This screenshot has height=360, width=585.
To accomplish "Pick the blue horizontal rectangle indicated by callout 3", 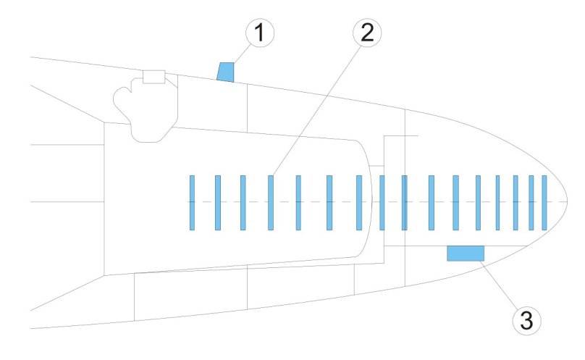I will tap(465, 253).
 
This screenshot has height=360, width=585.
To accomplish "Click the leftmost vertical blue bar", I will tap(192, 202).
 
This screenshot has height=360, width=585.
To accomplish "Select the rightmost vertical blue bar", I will tap(544, 202).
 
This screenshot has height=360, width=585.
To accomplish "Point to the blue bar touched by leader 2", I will tap(270, 202).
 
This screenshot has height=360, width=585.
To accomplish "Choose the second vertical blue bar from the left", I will tap(217, 202).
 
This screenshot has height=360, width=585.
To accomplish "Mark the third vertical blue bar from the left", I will tap(243, 202).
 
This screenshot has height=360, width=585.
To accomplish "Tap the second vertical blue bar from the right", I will tap(531, 202).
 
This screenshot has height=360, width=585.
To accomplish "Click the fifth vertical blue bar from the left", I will tap(298, 202).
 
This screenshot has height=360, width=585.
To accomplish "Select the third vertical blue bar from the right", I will tap(515, 202).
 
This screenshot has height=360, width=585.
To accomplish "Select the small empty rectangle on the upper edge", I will tap(153, 76).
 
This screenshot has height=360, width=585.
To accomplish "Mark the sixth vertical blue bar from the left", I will tap(329, 202).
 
